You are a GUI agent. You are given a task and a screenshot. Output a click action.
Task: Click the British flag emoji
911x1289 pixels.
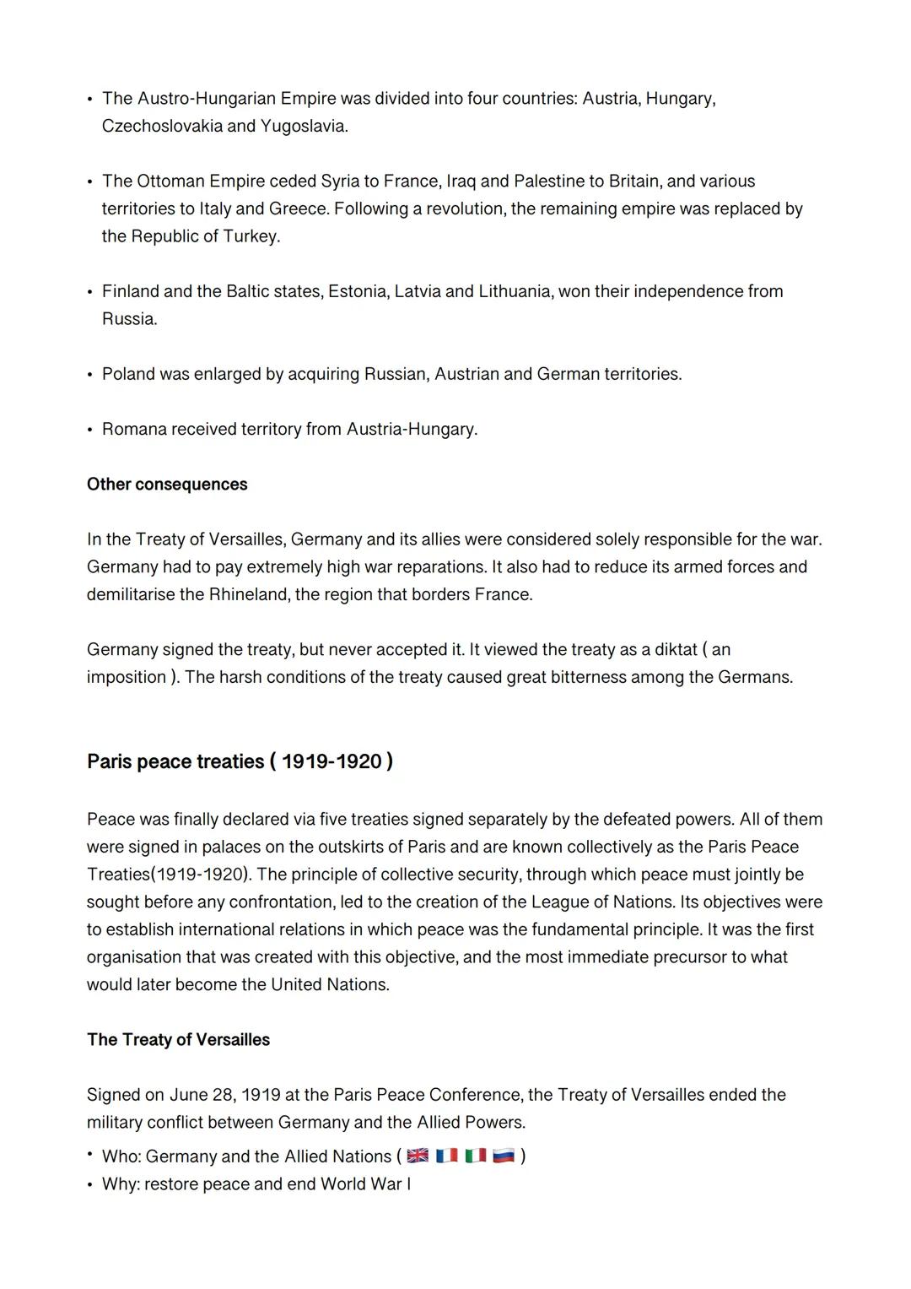coord(418,1156)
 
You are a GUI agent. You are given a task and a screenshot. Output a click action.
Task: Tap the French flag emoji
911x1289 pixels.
coord(446,1156)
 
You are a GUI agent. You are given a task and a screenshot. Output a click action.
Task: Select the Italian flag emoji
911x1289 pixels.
coord(476,1156)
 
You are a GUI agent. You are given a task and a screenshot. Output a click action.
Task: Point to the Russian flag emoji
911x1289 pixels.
coord(504,1156)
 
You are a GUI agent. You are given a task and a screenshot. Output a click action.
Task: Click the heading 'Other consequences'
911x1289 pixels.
coord(167,485)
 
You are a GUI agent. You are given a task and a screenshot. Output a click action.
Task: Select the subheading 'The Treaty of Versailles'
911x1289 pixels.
coord(178,1040)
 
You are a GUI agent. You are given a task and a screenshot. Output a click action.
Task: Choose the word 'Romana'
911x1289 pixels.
coord(134,430)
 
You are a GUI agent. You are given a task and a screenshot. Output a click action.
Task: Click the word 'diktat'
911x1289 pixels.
coord(676,650)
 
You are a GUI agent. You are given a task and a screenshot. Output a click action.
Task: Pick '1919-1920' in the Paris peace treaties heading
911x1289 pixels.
coord(332,762)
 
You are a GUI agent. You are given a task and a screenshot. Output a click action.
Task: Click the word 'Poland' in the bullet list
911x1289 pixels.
coord(127,374)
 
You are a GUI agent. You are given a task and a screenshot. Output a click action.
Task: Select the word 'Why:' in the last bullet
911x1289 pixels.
coord(121,1184)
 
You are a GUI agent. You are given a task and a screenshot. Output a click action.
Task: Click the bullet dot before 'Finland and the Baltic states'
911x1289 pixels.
coord(89,292)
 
